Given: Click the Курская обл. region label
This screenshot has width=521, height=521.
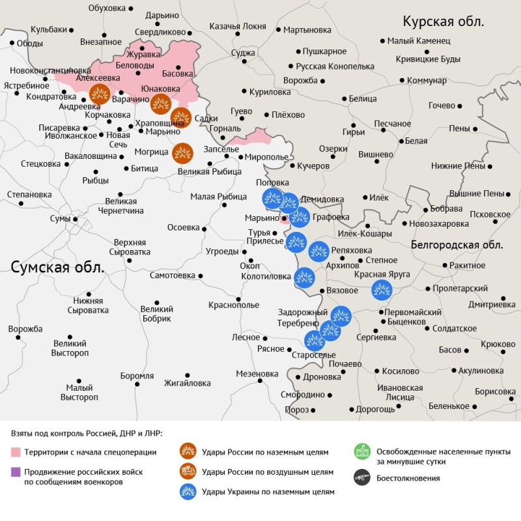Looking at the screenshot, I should [x=443, y=21].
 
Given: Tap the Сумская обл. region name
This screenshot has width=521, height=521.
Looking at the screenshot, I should [x=57, y=268].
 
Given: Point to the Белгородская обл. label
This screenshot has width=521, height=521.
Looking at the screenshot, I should [x=457, y=245].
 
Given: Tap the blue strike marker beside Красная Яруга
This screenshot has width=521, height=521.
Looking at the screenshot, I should [x=381, y=289].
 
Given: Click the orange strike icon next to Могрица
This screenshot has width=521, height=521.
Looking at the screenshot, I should [x=182, y=154].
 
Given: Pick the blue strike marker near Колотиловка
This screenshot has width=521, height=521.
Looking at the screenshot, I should [x=304, y=278].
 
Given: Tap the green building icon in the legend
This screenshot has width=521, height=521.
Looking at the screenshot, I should [x=361, y=452].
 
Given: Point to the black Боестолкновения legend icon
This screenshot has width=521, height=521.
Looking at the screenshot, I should [x=361, y=478].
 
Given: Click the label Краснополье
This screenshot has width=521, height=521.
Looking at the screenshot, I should [x=234, y=305].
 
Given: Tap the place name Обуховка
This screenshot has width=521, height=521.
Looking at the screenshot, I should [x=107, y=8].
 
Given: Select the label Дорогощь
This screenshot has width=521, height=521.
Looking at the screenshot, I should [x=375, y=410].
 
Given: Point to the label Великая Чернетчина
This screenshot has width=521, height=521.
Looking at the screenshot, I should [x=120, y=206].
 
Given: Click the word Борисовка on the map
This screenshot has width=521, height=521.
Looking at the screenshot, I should [x=495, y=391].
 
